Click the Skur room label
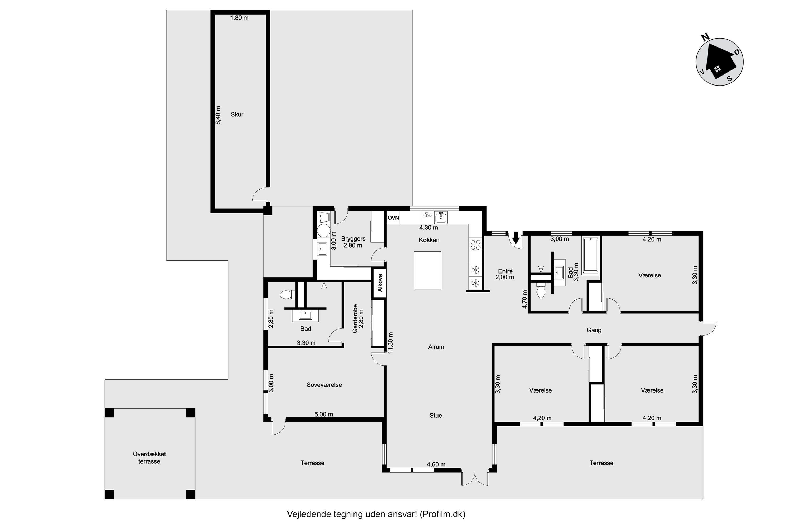click(x=237, y=115)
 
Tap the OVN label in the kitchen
click(x=393, y=218)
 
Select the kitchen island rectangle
click(x=428, y=270)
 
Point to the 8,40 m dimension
click(x=218, y=116)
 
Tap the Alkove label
click(x=380, y=283)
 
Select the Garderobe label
click(x=355, y=319)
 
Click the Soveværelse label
click(x=324, y=385)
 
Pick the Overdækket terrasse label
click(x=149, y=458)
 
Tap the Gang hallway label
click(x=594, y=330)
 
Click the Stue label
click(x=436, y=416)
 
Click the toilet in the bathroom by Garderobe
click(x=286, y=295)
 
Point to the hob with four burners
click(x=475, y=245)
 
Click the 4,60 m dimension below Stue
click(x=436, y=464)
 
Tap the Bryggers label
click(x=353, y=239)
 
